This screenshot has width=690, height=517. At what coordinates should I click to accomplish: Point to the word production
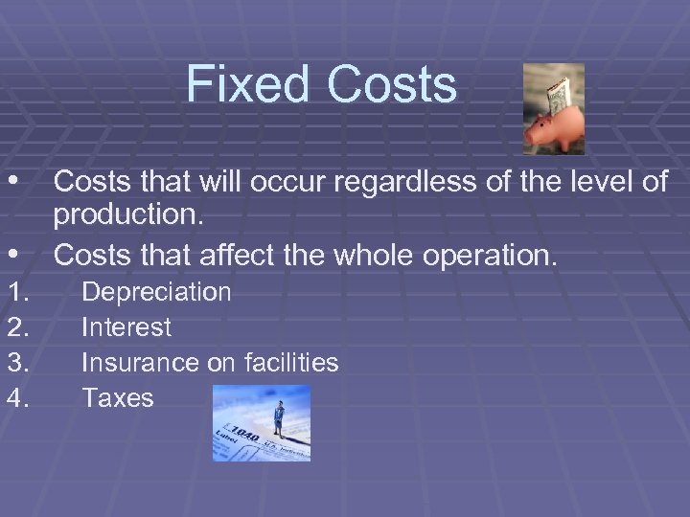[x=128, y=217]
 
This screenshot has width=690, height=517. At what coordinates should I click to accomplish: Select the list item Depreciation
[x=156, y=292]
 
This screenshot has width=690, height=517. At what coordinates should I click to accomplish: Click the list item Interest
[x=126, y=327]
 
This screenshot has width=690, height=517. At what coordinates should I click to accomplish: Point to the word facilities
[x=287, y=363]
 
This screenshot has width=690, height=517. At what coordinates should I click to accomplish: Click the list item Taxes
[x=118, y=398]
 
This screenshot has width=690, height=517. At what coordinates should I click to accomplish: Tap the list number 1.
[x=19, y=292]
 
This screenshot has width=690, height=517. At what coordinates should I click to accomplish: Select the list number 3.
[x=19, y=363]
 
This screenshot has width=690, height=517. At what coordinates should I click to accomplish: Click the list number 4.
[x=19, y=398]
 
